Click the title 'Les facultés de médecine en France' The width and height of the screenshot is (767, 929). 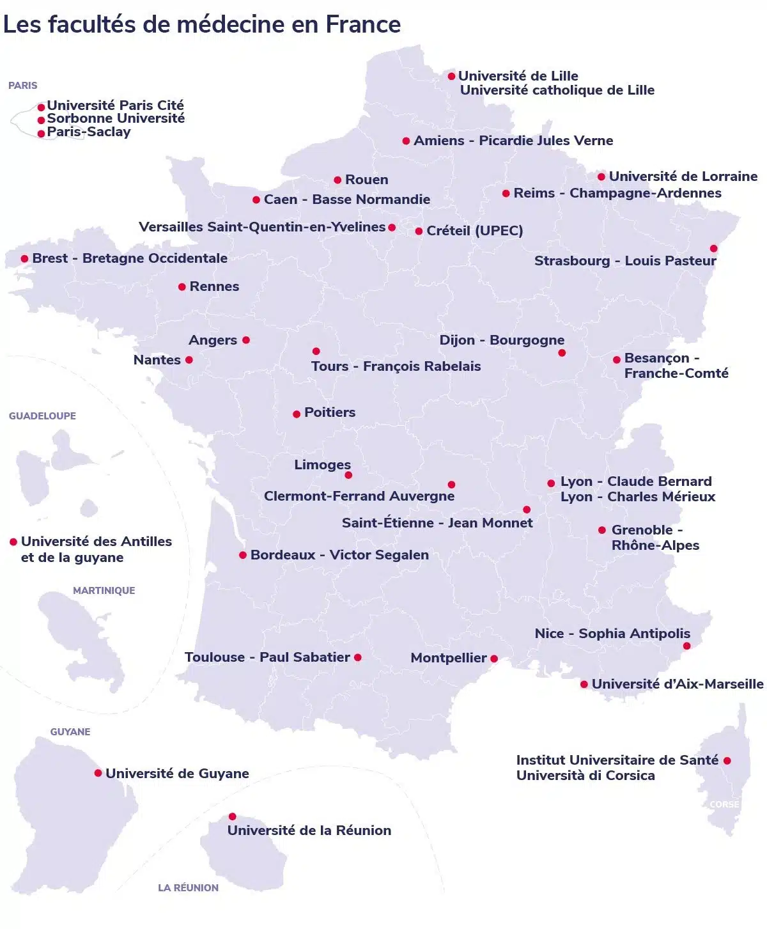click(x=202, y=24)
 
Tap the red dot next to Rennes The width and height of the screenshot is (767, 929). click(x=182, y=287)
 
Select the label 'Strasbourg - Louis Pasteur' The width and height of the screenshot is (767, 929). click(x=625, y=261)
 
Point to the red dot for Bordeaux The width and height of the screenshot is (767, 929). click(x=243, y=555)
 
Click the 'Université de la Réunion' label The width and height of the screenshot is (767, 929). click(x=309, y=831)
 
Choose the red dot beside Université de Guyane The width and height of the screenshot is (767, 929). click(x=98, y=773)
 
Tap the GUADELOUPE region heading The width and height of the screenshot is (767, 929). click(x=42, y=416)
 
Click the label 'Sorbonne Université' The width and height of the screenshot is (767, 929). click(x=116, y=118)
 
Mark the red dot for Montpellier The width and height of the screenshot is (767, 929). click(x=493, y=659)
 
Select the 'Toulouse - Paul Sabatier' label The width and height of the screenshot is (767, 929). click(x=267, y=657)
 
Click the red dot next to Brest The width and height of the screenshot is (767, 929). click(x=24, y=259)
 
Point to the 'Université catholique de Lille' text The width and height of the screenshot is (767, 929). click(x=557, y=90)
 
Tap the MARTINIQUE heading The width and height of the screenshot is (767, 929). click(x=104, y=590)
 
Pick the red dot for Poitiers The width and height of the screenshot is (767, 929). click(x=297, y=414)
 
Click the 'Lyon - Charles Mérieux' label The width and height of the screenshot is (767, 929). click(x=637, y=497)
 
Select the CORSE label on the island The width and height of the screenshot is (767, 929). click(x=724, y=804)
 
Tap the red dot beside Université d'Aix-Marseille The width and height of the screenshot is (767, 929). click(x=584, y=684)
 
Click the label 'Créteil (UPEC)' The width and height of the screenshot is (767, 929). click(x=474, y=231)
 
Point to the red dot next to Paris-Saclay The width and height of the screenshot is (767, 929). click(x=42, y=134)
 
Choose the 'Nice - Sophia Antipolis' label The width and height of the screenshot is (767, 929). click(x=612, y=634)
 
